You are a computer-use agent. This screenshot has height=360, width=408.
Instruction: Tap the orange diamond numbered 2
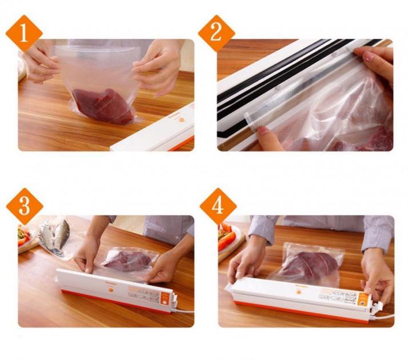click(x=216, y=33)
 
